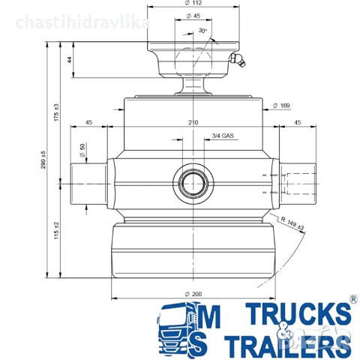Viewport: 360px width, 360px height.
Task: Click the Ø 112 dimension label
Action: (x=193, y=3)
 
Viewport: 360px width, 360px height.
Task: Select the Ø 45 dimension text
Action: (x=193, y=16)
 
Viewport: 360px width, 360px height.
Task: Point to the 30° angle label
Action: (x=203, y=31)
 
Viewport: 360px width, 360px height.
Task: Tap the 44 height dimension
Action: (x=70, y=60)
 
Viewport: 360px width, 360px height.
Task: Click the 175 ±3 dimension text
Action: (x=56, y=112)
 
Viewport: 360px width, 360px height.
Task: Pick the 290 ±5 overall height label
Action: (x=43, y=160)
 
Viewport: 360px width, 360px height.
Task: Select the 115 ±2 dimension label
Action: (x=56, y=230)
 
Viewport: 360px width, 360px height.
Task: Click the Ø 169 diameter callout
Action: (x=281, y=106)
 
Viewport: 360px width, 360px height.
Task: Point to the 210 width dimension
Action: (x=193, y=122)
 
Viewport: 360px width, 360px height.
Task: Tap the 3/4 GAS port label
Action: (x=223, y=136)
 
